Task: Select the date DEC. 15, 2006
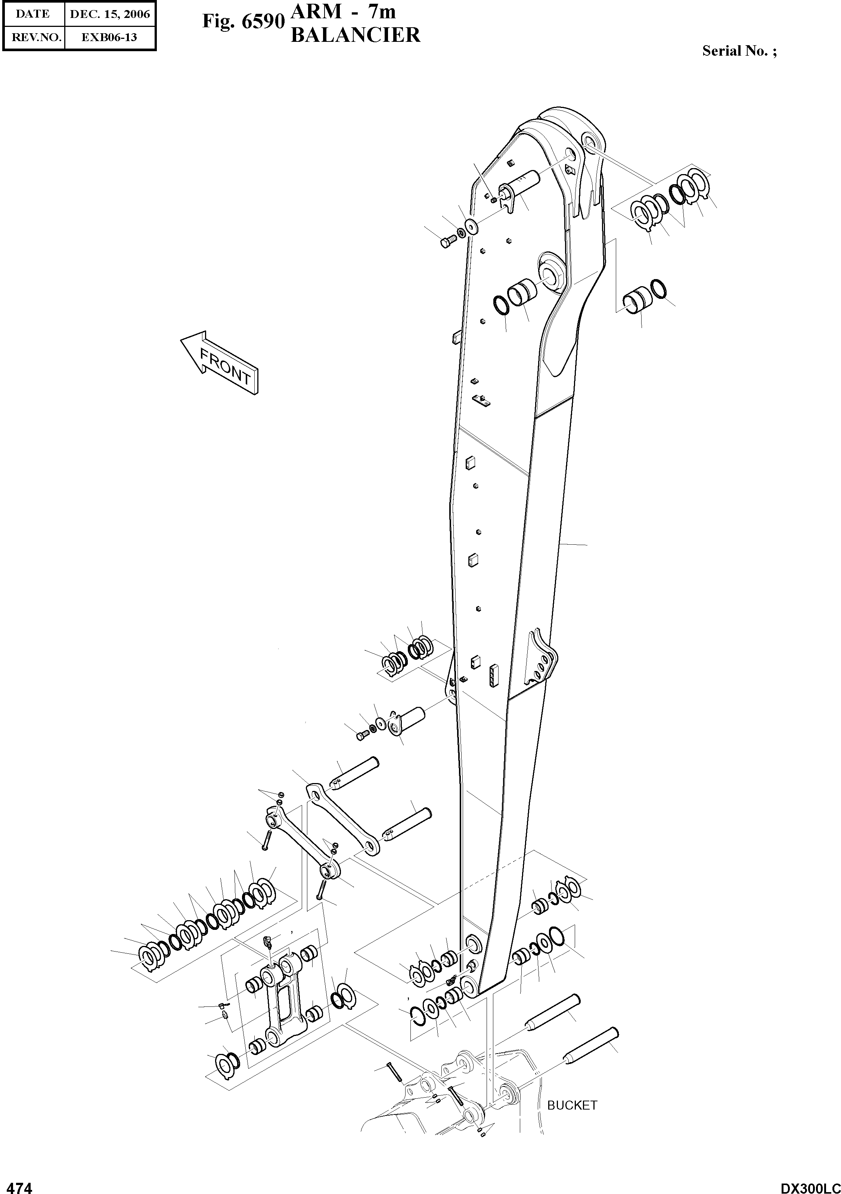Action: [110, 14]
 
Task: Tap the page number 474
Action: [18, 1184]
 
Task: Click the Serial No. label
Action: [739, 51]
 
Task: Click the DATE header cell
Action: [33, 14]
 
